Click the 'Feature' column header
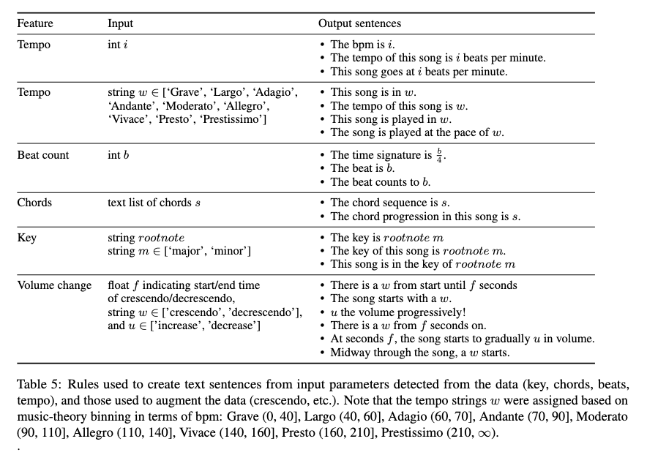point(35,23)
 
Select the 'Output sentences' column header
point(359,23)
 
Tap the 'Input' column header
point(120,23)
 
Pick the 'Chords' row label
point(36,203)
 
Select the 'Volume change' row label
point(55,285)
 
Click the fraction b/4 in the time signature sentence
point(441,155)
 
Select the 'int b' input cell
point(119,155)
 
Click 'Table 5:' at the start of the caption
point(37,383)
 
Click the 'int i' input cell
point(117,45)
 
